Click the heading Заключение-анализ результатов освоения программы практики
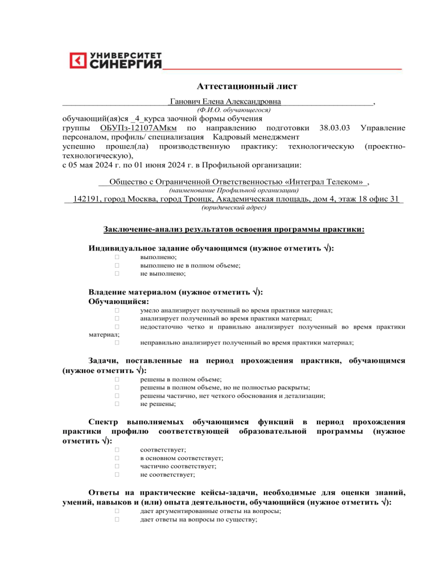pos(233,229)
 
